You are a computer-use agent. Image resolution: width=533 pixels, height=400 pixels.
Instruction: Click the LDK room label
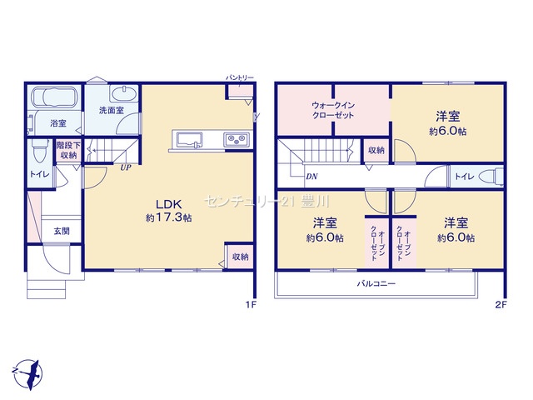point(169,204)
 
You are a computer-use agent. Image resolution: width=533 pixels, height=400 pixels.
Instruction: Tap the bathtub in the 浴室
point(54,97)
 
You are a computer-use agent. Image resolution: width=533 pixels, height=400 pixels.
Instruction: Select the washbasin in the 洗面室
point(124,92)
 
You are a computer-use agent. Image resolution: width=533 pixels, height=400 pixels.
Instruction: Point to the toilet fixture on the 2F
point(491,177)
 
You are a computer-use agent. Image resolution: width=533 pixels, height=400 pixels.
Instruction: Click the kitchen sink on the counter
point(189,140)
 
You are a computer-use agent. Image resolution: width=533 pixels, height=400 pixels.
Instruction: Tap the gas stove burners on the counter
point(237,139)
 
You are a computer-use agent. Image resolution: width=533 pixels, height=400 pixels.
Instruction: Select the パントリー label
point(240,77)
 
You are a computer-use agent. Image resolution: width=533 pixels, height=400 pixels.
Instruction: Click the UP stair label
point(126,167)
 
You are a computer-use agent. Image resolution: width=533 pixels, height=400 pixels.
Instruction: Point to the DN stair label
point(311,177)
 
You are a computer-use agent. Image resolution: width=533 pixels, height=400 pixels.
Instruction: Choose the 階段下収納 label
point(68,150)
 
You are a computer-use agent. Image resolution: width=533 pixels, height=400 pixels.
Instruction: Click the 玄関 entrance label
point(62,232)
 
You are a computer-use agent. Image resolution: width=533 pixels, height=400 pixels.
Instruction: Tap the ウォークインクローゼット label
point(333,110)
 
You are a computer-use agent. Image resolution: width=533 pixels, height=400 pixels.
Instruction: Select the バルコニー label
point(376,283)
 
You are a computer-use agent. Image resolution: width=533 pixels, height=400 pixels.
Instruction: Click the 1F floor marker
point(252,305)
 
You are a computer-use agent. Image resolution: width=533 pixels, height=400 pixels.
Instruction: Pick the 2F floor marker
point(501,305)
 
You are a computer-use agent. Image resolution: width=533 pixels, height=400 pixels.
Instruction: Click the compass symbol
point(28,374)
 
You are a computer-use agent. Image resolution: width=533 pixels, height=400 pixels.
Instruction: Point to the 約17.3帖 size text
point(169,217)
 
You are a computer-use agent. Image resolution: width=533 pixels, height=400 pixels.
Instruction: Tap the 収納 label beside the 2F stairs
point(376,150)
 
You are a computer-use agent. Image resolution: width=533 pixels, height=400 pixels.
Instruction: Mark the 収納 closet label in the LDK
point(241,257)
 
